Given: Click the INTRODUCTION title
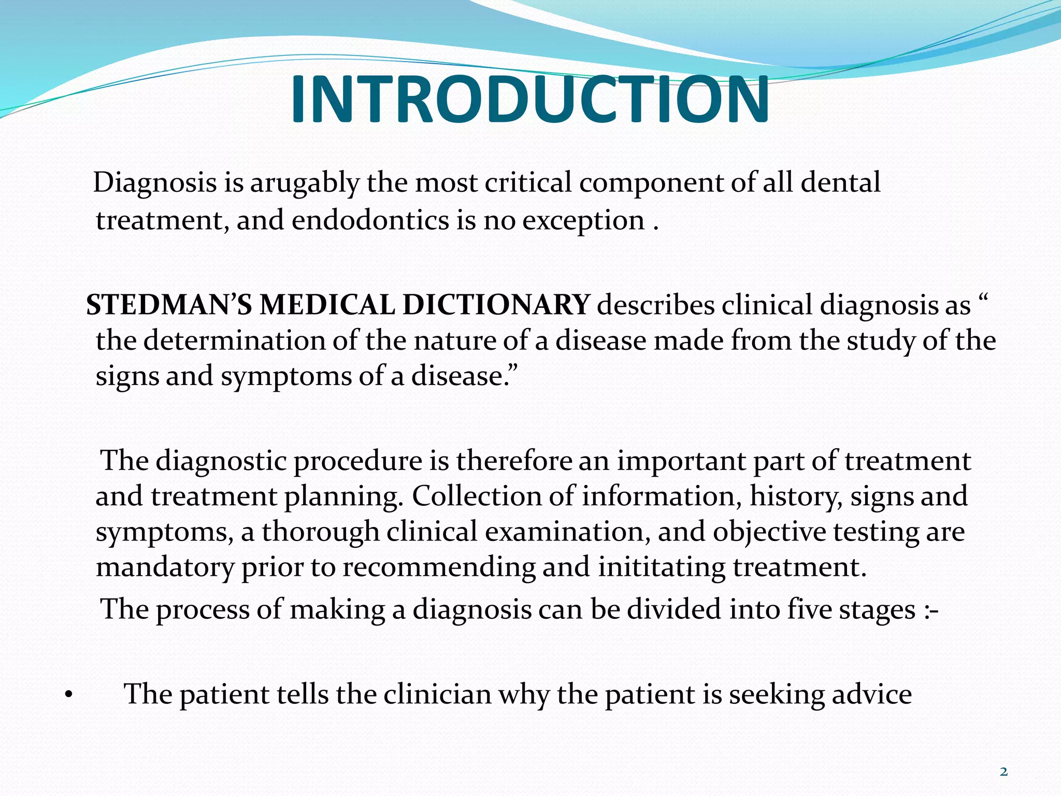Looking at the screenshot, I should point(529,99).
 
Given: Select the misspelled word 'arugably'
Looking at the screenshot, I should point(305,183).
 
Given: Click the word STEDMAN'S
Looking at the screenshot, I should point(169,305).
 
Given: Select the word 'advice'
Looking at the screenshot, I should point(871,694).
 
